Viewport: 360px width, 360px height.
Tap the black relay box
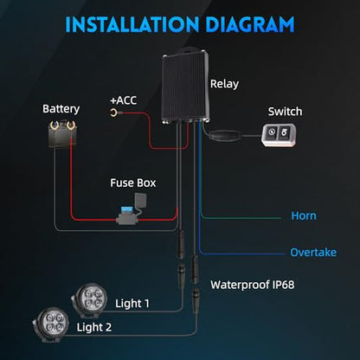click(185, 86)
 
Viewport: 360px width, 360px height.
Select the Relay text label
click(224, 84)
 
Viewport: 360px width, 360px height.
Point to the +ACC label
click(124, 100)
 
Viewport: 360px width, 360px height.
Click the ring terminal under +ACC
click(113, 112)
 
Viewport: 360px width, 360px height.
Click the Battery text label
click(61, 109)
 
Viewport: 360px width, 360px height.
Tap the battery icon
click(62, 134)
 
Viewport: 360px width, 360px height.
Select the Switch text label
click(285, 112)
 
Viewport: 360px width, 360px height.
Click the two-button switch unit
click(279, 135)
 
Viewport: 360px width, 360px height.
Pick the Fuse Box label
click(133, 183)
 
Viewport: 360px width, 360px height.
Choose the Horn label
click(304, 215)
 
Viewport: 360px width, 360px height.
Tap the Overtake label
click(313, 253)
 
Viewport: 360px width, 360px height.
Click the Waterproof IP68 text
click(253, 285)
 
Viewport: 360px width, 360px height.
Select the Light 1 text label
click(132, 304)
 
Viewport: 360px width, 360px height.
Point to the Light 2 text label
click(94, 327)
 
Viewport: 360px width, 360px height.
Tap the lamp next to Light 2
click(51, 325)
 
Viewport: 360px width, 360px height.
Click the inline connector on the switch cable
click(226, 136)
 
